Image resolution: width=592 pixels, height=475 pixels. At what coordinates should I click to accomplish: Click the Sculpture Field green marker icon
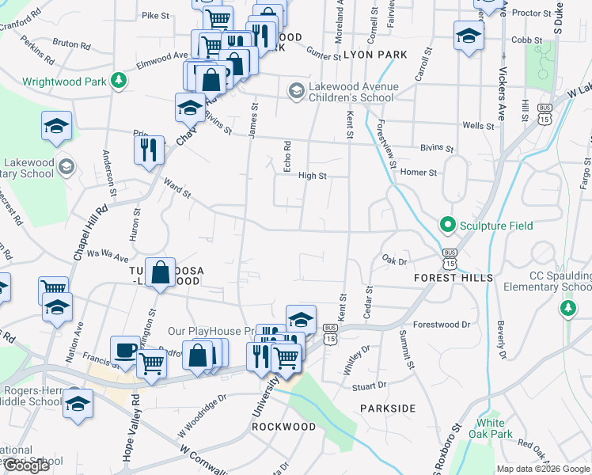coord(447,226)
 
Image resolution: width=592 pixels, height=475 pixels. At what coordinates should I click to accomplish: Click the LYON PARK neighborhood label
coord(375,55)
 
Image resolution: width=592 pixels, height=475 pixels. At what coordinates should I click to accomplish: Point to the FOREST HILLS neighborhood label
coord(453,278)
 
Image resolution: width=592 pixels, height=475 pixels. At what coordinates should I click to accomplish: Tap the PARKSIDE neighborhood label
coord(387,408)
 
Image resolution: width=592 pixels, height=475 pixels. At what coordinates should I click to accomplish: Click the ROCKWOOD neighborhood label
coord(283,427)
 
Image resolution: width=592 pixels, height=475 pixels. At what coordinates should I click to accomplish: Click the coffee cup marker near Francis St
coord(124,349)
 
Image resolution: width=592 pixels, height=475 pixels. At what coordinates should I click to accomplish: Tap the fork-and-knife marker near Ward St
coord(149,149)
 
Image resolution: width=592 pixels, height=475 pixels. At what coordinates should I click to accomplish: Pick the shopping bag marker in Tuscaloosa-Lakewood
coord(161,272)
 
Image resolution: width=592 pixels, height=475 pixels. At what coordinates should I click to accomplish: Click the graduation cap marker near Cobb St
coord(469,35)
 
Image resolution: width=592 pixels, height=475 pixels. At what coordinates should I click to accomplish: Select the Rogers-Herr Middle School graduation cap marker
coord(78,402)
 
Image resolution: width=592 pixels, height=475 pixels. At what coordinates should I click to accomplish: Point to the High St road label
coord(313,177)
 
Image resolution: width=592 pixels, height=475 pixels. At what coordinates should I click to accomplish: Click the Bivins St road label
coord(437,148)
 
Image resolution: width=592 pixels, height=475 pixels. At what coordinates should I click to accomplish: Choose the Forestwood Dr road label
coord(442,325)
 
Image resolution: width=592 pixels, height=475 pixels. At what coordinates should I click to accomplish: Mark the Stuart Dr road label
coord(369,386)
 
